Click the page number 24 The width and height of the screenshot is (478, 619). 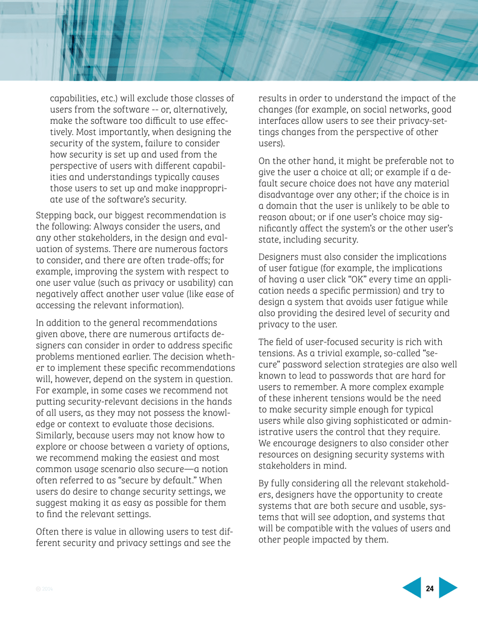(430, 588)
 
